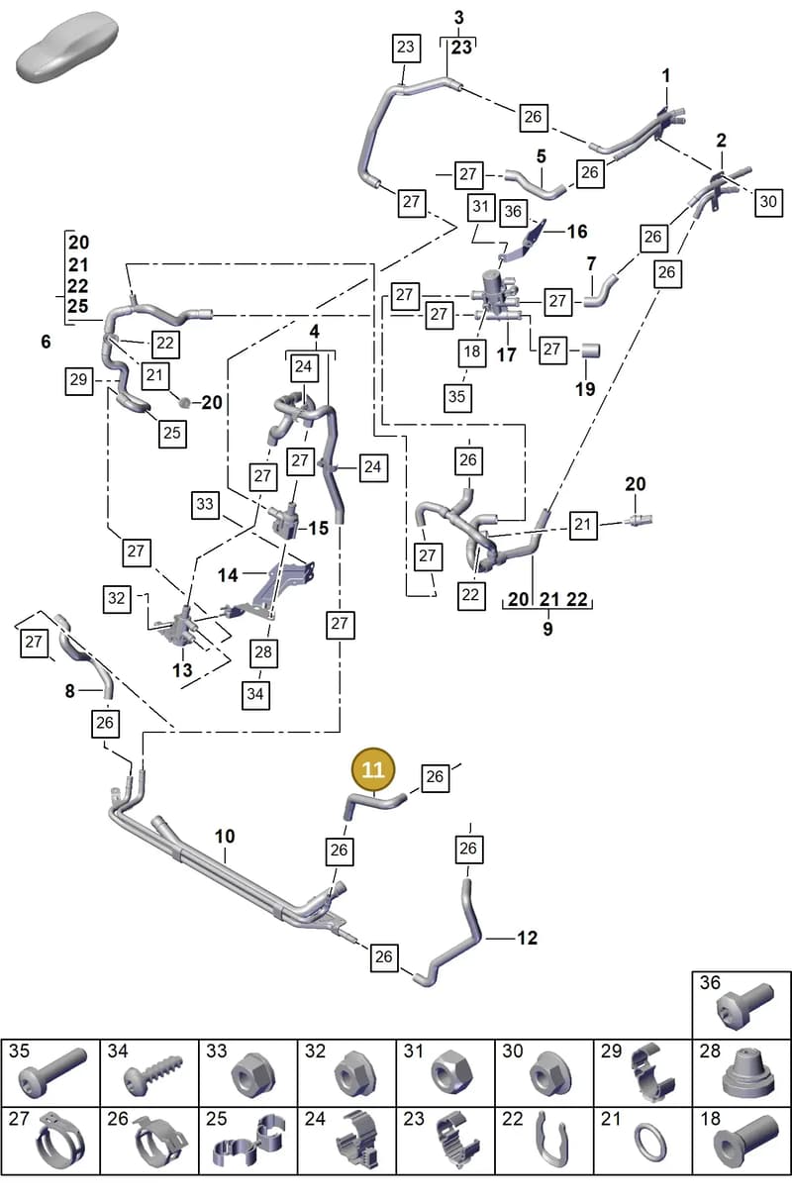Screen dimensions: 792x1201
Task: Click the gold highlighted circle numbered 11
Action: click(x=373, y=769)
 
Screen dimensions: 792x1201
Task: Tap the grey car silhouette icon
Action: click(x=67, y=48)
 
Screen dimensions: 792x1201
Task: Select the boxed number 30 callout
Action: click(x=768, y=202)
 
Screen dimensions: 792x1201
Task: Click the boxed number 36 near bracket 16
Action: click(x=513, y=211)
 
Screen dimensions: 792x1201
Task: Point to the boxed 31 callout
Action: click(x=481, y=206)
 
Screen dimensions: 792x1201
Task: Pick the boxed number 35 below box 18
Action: click(x=457, y=397)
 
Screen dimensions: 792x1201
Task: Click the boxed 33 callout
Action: click(x=205, y=504)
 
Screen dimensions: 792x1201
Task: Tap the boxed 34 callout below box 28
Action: click(x=255, y=694)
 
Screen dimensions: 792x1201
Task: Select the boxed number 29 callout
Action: click(x=79, y=379)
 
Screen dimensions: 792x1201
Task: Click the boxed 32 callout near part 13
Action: click(x=117, y=598)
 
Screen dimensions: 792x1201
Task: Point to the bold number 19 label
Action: click(x=585, y=389)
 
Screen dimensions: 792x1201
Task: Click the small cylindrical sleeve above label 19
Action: click(x=590, y=350)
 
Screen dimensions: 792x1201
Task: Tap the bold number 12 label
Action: click(x=527, y=938)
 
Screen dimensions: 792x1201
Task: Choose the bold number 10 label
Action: click(x=225, y=837)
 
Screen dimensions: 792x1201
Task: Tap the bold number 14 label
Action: click(x=228, y=575)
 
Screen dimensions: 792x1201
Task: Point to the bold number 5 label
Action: click(x=542, y=156)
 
